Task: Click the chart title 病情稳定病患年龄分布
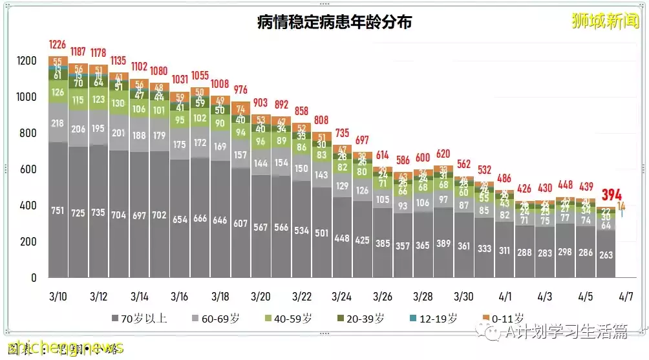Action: click(x=334, y=22)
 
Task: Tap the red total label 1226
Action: click(x=58, y=45)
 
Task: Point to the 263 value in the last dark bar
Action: click(x=606, y=255)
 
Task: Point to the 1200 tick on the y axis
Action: click(x=27, y=61)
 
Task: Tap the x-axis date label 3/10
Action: click(x=58, y=297)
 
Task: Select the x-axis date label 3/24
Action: click(x=341, y=297)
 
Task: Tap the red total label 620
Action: click(x=443, y=154)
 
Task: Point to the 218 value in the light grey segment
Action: click(x=58, y=123)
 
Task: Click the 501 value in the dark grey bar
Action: click(x=321, y=233)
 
